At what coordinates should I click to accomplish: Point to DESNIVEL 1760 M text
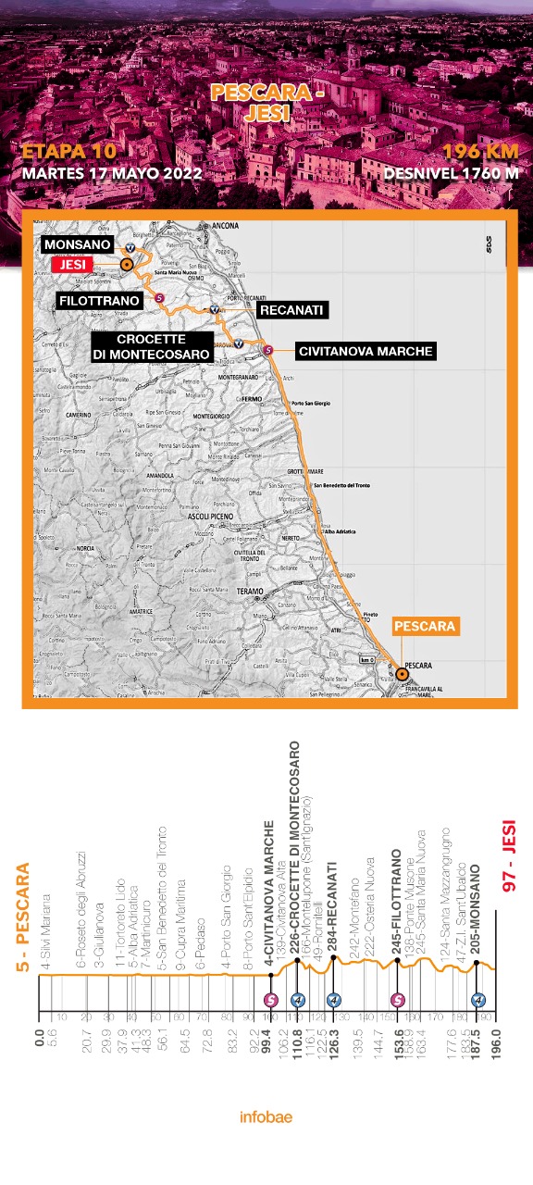[x=451, y=173]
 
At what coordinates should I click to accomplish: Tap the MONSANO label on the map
[x=76, y=245]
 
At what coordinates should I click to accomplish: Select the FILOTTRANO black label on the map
[x=99, y=301]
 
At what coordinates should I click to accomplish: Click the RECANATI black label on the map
[x=291, y=310]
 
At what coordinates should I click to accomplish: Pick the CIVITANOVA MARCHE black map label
[x=366, y=352]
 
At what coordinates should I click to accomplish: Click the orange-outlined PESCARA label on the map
[x=425, y=627]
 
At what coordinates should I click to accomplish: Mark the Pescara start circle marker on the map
[x=402, y=674]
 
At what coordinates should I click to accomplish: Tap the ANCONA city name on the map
[x=225, y=226]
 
